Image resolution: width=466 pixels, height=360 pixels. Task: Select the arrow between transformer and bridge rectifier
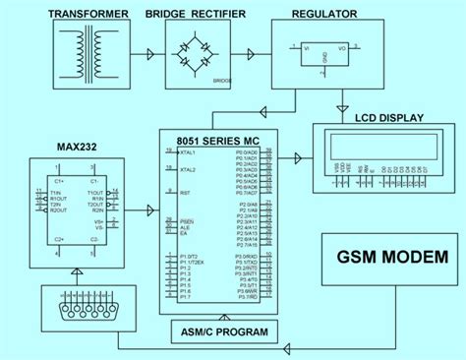[148, 55]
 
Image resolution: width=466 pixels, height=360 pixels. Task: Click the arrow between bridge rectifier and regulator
[253, 55]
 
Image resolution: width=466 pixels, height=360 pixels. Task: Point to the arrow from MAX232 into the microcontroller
[148, 209]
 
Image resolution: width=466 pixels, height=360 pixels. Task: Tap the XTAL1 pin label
[188, 152]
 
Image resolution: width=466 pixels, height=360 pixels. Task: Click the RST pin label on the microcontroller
[184, 194]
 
